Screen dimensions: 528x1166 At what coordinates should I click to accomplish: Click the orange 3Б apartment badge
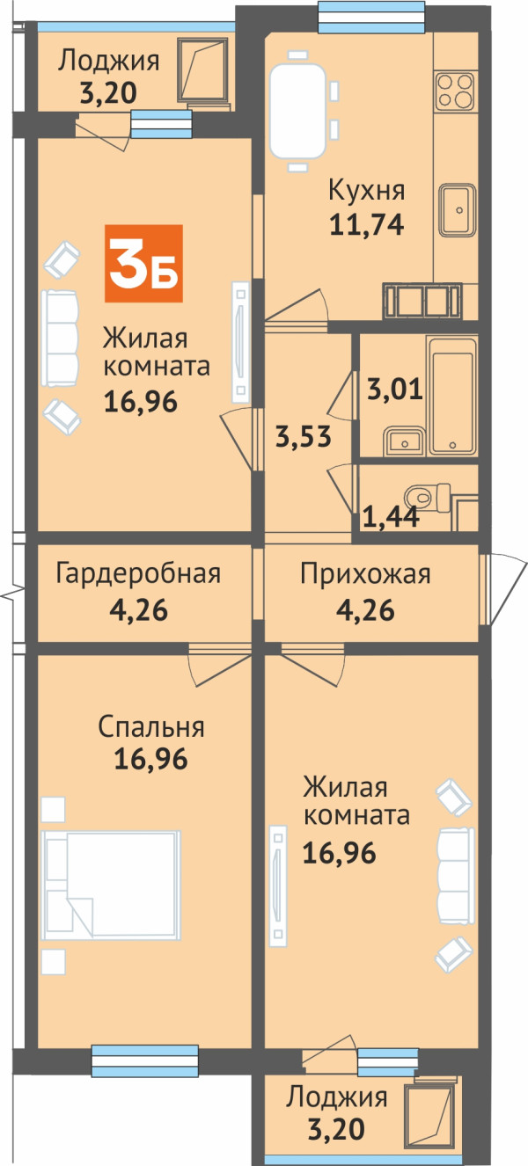coord(143,264)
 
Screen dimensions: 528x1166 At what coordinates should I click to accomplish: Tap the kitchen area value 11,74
coord(367,225)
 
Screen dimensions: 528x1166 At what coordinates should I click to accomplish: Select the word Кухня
coord(367,191)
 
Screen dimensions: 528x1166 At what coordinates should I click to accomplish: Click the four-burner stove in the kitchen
coord(455,91)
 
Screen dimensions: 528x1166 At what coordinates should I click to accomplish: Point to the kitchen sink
coord(458,209)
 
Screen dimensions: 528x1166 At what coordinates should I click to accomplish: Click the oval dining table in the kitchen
coord(297,110)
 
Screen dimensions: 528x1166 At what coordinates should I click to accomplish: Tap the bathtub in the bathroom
coord(451,396)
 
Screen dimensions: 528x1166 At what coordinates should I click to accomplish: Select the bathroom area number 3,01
coord(395,390)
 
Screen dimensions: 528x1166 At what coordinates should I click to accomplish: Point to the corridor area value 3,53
coord(303,436)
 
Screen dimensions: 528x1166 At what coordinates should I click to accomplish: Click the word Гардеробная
coord(138,574)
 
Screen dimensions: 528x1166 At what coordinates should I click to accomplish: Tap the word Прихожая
coord(365,575)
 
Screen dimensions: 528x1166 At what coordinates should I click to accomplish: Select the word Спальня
coord(151,727)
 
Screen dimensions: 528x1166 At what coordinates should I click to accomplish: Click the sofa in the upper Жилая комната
coord(60,339)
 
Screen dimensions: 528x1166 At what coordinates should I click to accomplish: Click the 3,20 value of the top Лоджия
coord(108,93)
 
